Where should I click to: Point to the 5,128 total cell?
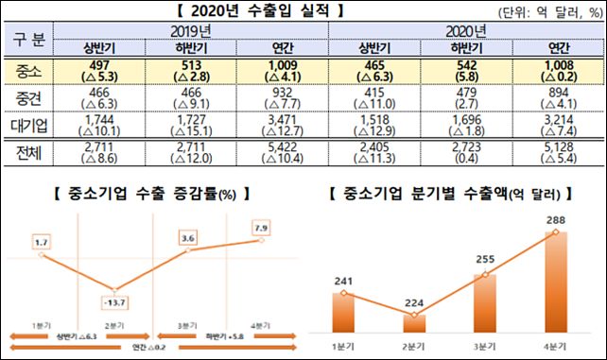(553, 150)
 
